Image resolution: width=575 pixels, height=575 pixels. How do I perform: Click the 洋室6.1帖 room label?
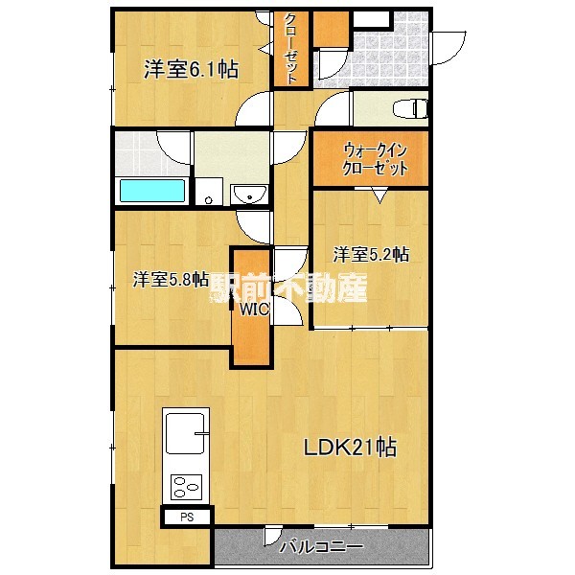pos(191,69)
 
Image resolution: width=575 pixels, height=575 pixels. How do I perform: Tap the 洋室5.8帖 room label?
pos(171,280)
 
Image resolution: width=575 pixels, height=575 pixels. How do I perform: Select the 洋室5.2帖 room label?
pos(371,254)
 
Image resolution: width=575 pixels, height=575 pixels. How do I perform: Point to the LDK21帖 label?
pos(350,447)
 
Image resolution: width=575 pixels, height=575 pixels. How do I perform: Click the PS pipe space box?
pos(187,517)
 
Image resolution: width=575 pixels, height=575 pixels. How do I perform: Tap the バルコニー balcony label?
pos(321,547)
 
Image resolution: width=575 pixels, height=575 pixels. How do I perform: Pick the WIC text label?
pos(254,310)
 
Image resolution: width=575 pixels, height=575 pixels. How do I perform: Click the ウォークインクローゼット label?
pos(375,159)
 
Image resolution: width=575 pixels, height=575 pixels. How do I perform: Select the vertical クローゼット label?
pos(290,49)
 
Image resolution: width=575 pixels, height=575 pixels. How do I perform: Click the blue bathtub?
pos(152,191)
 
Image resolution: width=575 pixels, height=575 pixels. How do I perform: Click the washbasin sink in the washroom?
pos(249,194)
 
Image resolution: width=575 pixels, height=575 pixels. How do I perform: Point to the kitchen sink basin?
pos(185,433)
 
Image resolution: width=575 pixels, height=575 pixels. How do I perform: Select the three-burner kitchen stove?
pos(186,487)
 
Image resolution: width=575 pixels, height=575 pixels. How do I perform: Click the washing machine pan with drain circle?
pos(209,192)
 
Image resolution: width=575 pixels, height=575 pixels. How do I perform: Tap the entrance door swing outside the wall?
pos(449,48)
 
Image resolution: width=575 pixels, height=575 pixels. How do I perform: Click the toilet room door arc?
pos(333,108)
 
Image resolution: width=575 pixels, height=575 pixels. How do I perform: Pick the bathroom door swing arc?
pos(174,148)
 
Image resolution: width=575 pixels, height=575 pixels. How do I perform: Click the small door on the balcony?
pos(273,536)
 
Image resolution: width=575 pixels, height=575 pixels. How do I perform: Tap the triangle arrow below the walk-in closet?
pos(379,195)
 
